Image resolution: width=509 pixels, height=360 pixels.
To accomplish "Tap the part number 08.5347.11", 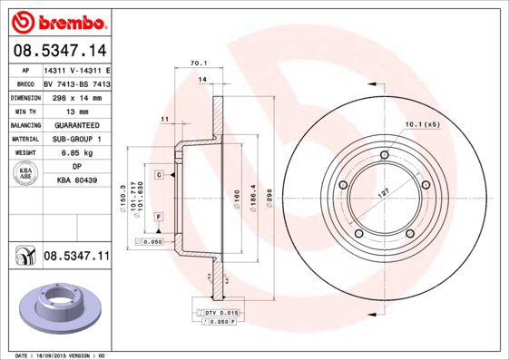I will (76, 257).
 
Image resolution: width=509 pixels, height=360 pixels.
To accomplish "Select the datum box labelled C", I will (158, 174).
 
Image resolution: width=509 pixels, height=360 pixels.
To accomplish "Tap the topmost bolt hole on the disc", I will (385, 157).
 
